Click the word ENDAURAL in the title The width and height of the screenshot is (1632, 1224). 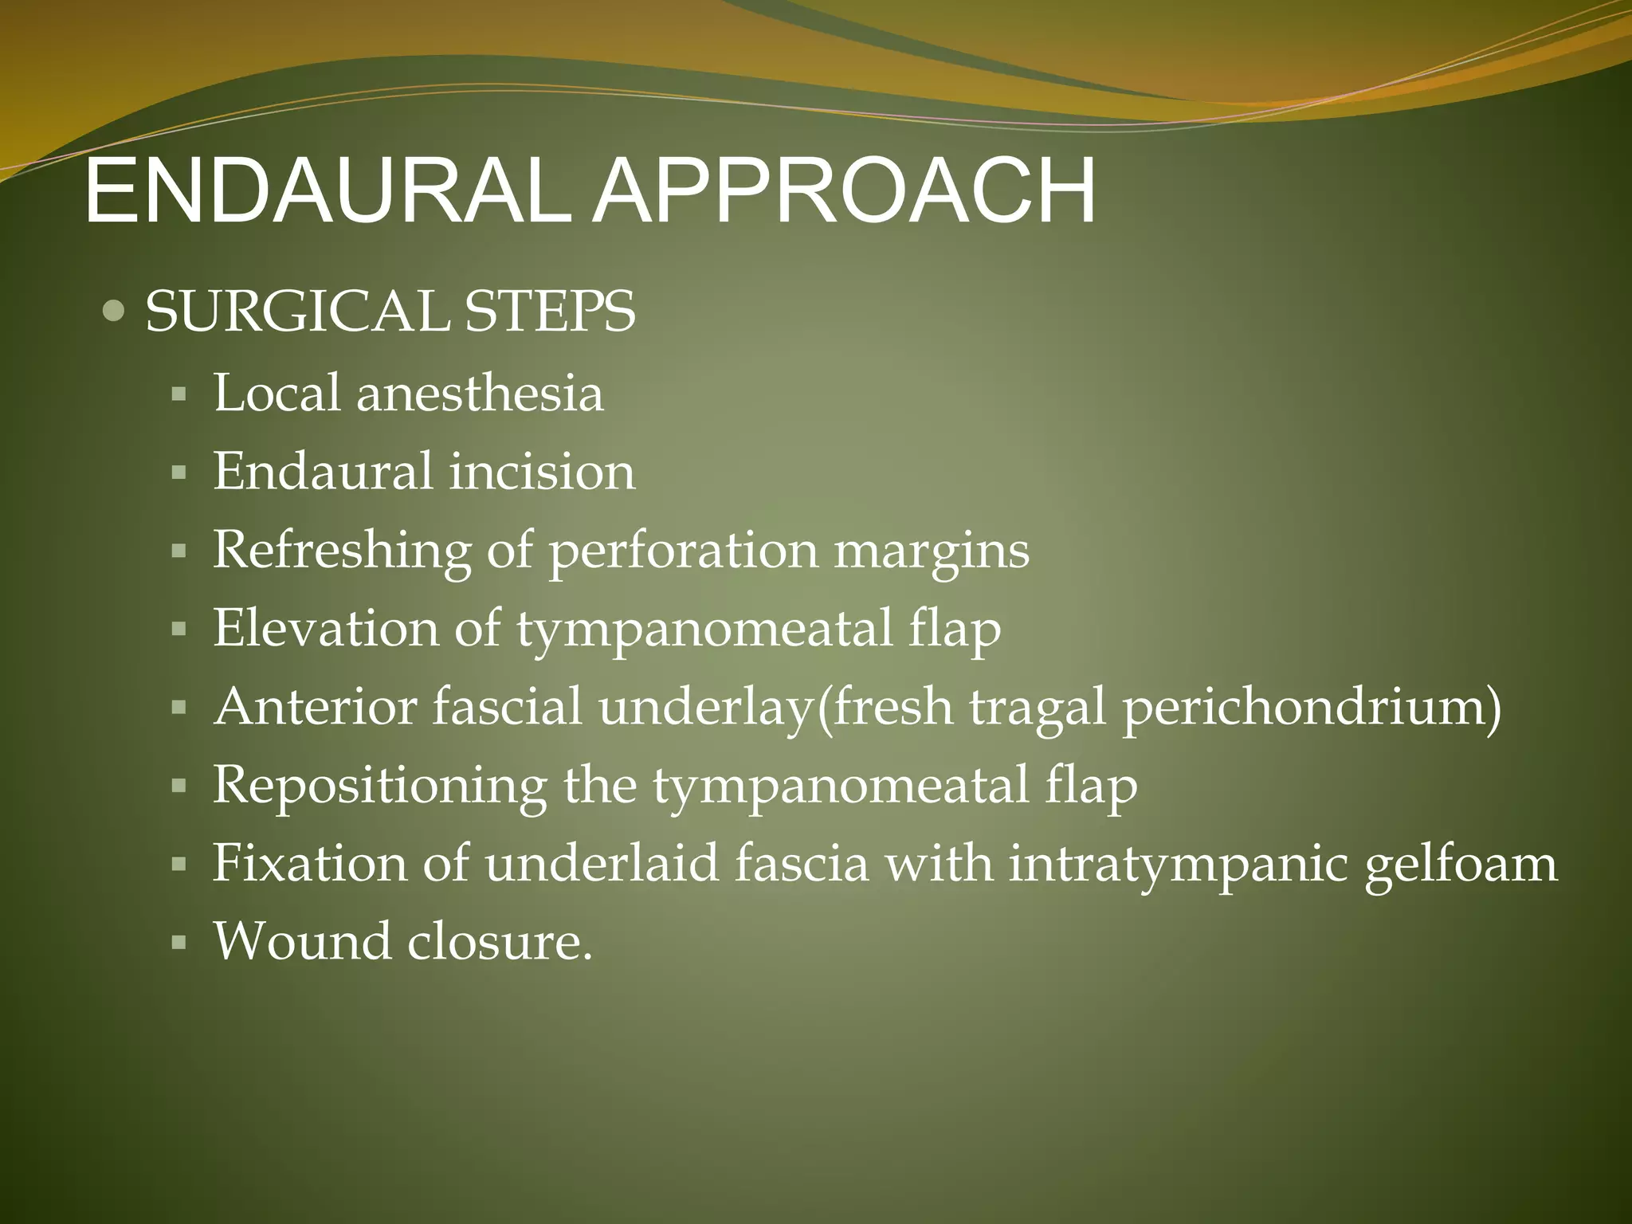click(x=327, y=192)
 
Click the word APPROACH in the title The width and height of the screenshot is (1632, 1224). click(x=843, y=192)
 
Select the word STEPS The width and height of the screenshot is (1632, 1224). click(x=550, y=311)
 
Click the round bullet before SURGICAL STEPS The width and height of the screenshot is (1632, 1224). click(x=114, y=311)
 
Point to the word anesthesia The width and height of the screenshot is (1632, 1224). click(x=480, y=394)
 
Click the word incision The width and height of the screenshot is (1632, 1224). click(x=542, y=472)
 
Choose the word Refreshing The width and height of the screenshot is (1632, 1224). click(x=342, y=551)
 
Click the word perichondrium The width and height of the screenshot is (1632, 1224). click(x=1311, y=708)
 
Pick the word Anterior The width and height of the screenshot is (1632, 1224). click(x=315, y=708)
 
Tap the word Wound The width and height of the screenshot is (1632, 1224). click(x=302, y=942)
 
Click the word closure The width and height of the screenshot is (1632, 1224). click(x=500, y=942)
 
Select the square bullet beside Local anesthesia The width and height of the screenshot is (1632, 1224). click(x=178, y=394)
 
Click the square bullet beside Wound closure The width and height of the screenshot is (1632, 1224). click(x=178, y=943)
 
